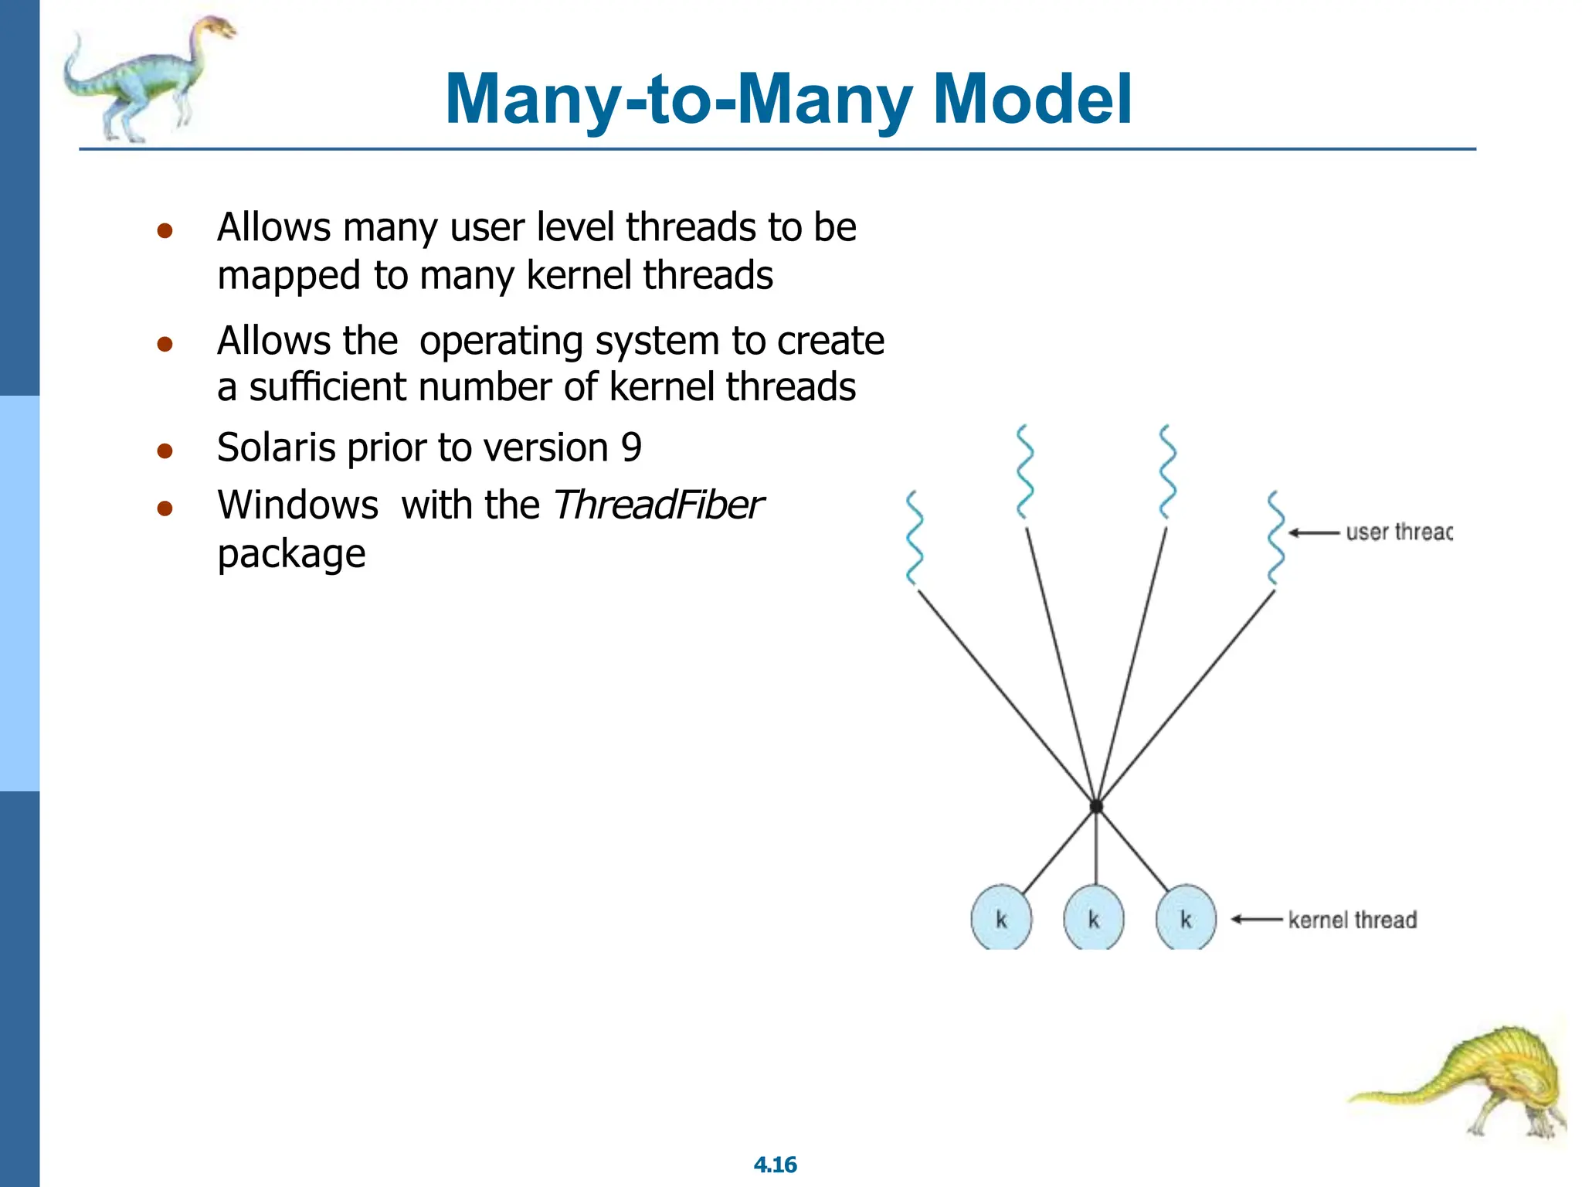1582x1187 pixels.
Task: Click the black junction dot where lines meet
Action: [x=1095, y=806]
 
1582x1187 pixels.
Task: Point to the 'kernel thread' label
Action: [x=1352, y=920]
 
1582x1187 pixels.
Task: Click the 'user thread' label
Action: [x=1398, y=532]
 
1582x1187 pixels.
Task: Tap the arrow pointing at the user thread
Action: [x=1313, y=532]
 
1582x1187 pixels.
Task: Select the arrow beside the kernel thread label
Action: [x=1256, y=919]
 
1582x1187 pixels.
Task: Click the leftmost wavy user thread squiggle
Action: [x=915, y=538]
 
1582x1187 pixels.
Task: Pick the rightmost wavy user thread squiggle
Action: [x=1275, y=538]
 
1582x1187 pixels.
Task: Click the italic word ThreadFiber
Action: [x=657, y=505]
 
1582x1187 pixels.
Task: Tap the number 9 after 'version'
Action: [x=631, y=447]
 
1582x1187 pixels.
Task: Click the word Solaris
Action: [x=277, y=447]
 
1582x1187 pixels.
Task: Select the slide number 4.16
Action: [x=775, y=1165]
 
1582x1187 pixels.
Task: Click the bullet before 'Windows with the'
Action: [x=165, y=508]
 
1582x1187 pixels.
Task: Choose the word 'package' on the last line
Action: [x=291, y=554]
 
